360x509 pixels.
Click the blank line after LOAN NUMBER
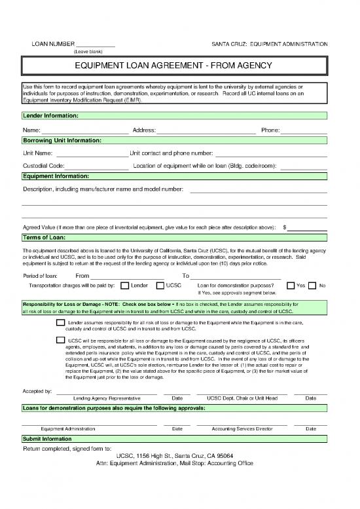click(x=96, y=45)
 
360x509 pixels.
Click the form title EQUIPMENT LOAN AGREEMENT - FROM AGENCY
click(x=180, y=66)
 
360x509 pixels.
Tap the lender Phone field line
click(x=304, y=131)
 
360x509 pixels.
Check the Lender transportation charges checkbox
click(x=125, y=286)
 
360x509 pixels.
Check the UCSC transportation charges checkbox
click(x=160, y=286)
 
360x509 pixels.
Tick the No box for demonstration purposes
click(x=312, y=286)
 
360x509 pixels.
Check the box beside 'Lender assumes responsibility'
click(x=61, y=323)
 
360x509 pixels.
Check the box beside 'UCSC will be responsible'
click(x=61, y=341)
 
